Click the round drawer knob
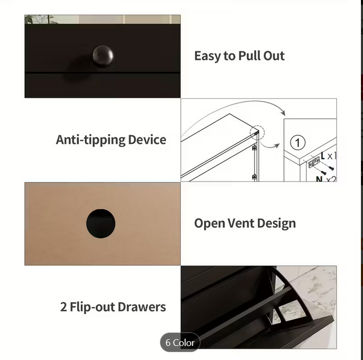pyautogui.click(x=103, y=56)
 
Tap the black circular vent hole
pyautogui.click(x=101, y=224)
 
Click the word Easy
pyautogui.click(x=207, y=56)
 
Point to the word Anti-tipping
pyautogui.click(x=91, y=140)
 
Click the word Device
pyautogui.click(x=147, y=139)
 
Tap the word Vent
pyautogui.click(x=241, y=223)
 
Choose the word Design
pyautogui.click(x=277, y=224)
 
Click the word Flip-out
pyautogui.click(x=92, y=307)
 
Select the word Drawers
pyautogui.click(x=142, y=307)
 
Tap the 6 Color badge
pyautogui.click(x=180, y=342)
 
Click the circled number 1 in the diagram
pyautogui.click(x=298, y=143)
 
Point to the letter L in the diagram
pyautogui.click(x=323, y=156)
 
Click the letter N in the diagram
pyautogui.click(x=319, y=179)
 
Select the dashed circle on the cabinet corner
pyautogui.click(x=257, y=133)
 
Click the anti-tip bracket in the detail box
pyautogui.click(x=314, y=162)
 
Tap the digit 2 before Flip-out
pyautogui.click(x=64, y=307)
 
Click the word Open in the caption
pyautogui.click(x=209, y=224)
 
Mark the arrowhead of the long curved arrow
pyautogui.click(x=283, y=112)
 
